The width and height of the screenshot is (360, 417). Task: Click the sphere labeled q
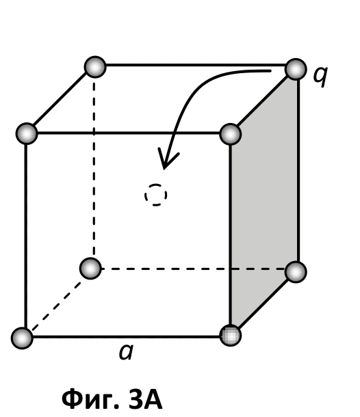coord(296,69)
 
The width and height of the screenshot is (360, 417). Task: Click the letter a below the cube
coord(126,352)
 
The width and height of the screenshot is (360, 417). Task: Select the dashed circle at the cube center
coord(156,195)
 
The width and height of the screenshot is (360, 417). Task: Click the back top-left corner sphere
coord(95,67)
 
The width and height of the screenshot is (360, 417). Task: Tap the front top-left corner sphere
coord(27,133)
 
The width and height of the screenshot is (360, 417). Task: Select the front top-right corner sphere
coord(231,134)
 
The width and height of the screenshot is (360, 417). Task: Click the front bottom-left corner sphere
coord(22,338)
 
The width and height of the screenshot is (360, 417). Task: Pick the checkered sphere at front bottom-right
coord(231,335)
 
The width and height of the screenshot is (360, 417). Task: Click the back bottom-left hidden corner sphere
coord(90,269)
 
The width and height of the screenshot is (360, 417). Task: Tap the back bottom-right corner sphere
coord(296,272)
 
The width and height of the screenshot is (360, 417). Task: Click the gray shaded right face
coord(264,202)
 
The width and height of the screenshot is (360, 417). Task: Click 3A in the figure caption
coord(146,399)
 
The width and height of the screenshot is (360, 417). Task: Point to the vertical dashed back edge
coord(94,167)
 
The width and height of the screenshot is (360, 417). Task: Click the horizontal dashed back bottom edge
coord(193,269)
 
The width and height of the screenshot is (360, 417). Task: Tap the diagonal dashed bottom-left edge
coord(56,306)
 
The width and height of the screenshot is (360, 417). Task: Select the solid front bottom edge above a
coord(126,337)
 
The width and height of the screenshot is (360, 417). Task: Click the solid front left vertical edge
coord(25,236)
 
